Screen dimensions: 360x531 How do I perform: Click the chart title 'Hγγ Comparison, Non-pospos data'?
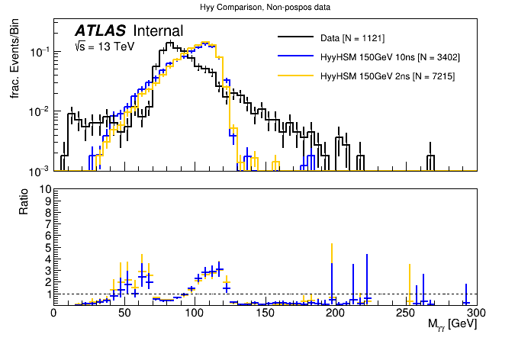click(x=265, y=8)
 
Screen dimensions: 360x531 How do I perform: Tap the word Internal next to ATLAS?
click(x=158, y=31)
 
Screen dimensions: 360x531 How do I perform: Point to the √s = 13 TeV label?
click(x=105, y=47)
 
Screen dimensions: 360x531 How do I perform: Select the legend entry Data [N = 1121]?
click(x=352, y=37)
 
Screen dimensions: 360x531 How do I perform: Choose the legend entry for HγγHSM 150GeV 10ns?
click(x=390, y=56)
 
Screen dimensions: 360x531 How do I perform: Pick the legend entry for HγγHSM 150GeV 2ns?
click(x=387, y=76)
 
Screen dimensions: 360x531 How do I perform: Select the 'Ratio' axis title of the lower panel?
click(x=22, y=201)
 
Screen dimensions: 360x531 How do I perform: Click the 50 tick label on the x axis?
click(x=124, y=313)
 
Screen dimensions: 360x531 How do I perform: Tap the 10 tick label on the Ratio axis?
click(x=43, y=188)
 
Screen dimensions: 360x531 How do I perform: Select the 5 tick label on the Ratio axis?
click(x=46, y=247)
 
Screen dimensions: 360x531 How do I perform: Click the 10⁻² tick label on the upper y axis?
click(x=40, y=111)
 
